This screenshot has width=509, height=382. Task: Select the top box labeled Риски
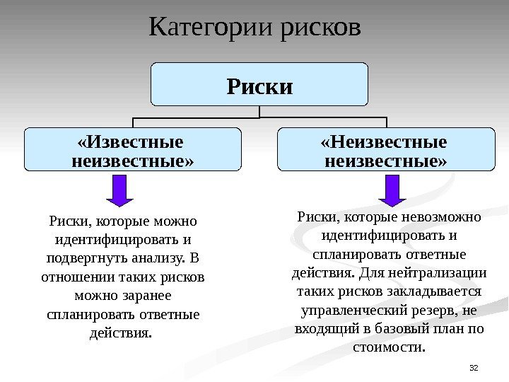259,87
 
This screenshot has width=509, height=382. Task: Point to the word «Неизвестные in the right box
385,141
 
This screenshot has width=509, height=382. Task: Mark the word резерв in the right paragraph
440,309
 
